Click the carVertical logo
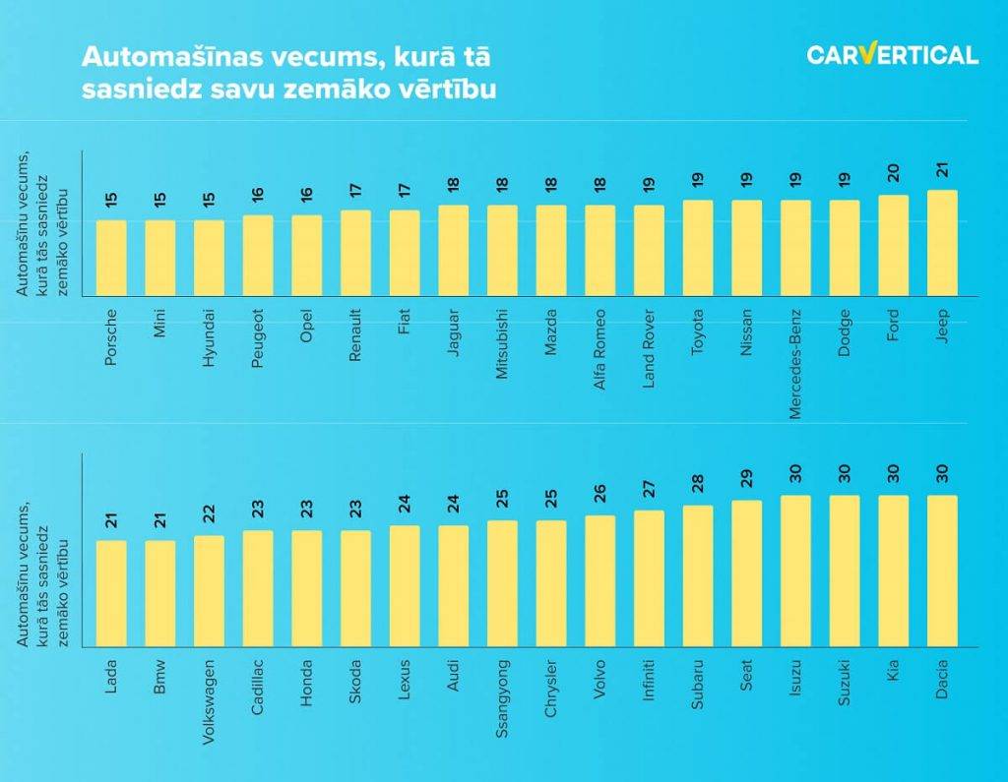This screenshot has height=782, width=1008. tap(892, 55)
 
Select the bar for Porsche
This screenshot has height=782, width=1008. tap(111, 258)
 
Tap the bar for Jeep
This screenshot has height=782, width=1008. tap(942, 243)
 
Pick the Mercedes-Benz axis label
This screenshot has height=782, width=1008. tap(796, 363)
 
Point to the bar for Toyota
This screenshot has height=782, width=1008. tap(698, 248)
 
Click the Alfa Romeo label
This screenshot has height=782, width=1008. tap(600, 349)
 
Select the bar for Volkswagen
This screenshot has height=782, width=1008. tap(209, 590)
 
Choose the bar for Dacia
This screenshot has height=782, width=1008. tap(942, 571)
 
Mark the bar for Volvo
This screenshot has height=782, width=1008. tap(600, 580)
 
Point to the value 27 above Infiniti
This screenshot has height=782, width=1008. tap(649, 490)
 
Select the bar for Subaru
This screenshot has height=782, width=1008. tap(698, 575)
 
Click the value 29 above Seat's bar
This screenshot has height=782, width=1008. tap(747, 479)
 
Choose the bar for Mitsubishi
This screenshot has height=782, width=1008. tap(503, 251)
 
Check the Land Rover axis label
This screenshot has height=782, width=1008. tap(649, 349)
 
